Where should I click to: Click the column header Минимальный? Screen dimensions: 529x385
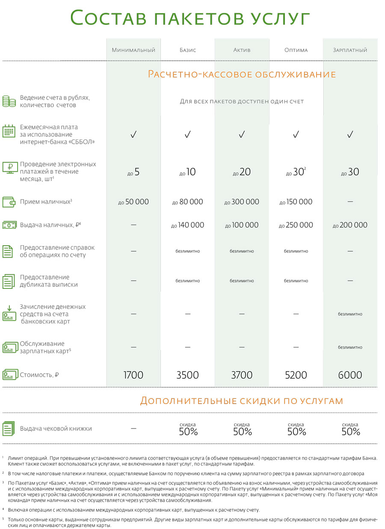pos(133,50)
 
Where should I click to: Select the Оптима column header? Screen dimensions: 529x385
pos(296,50)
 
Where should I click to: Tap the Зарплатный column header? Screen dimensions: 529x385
pos(350,50)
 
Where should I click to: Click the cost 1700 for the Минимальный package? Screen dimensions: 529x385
pos(133,375)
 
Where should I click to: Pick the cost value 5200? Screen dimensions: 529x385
pos(296,375)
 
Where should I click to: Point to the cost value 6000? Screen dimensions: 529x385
pos(350,375)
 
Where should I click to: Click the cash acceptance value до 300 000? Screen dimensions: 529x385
pos(242,202)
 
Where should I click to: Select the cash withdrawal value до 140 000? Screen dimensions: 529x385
pos(187,225)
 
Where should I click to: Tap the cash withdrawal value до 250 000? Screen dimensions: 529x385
pos(296,225)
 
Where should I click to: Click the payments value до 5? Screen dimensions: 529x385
pos(133,172)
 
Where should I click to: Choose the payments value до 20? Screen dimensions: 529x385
pos(242,172)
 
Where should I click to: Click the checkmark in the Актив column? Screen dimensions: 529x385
pos(242,135)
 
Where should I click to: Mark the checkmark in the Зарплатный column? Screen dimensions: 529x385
pos(350,135)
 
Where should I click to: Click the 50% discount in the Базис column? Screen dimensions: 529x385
pos(188,431)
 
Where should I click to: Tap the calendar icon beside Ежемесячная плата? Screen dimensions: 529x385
pos(9,131)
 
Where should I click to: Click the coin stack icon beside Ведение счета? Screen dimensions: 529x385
pos(9,101)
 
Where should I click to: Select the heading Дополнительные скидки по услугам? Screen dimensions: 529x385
pos(241,401)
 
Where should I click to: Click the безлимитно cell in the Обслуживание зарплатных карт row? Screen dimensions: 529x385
pos(350,348)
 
